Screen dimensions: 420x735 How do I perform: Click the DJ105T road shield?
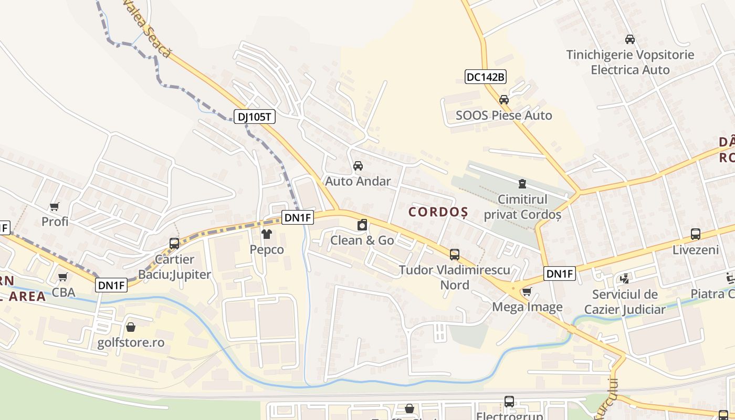(255, 117)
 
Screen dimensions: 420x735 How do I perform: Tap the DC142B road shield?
(486, 77)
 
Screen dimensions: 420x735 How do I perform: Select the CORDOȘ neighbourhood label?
(438, 212)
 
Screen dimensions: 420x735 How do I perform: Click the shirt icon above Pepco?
(267, 234)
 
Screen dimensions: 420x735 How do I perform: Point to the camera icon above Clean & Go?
(362, 225)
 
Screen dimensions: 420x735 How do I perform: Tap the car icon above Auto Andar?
(358, 166)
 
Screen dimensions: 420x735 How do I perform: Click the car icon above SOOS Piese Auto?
(504, 100)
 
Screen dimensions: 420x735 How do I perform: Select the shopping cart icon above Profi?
(55, 206)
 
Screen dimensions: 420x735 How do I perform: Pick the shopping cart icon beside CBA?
(63, 277)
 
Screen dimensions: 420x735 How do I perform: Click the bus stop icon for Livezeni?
(696, 234)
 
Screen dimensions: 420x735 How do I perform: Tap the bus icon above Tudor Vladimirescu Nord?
(455, 255)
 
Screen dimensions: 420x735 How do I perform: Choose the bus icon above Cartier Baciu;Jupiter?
(174, 244)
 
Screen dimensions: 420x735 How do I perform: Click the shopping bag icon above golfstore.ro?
(131, 328)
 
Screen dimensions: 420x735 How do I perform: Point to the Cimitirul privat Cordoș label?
(522, 207)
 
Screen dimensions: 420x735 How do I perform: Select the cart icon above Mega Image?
(527, 292)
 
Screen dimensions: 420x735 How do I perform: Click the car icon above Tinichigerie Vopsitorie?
(630, 39)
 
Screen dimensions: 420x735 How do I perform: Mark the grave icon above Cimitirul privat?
(522, 184)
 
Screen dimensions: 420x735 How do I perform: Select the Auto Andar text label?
(358, 181)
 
